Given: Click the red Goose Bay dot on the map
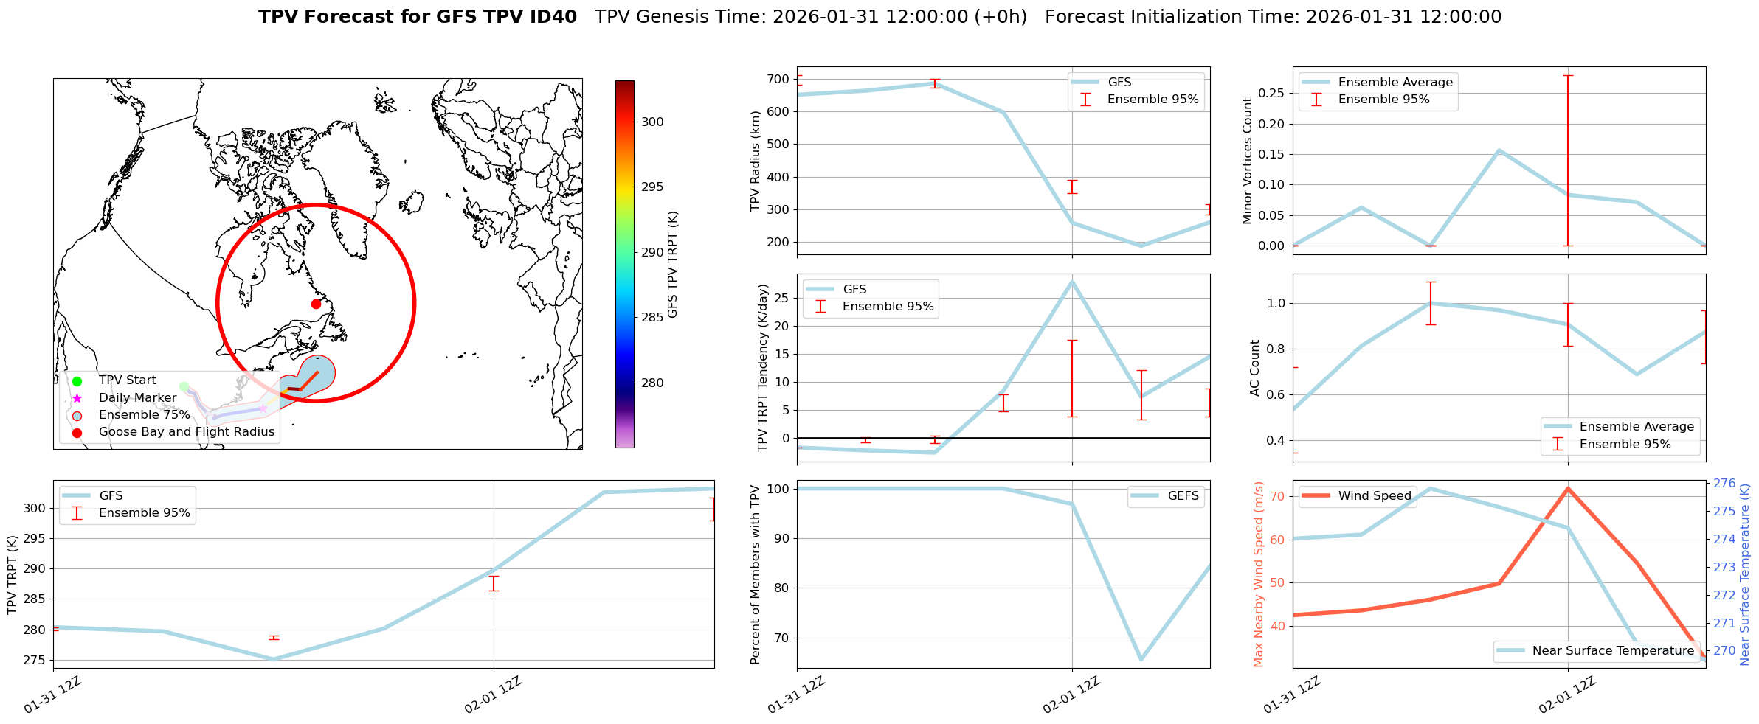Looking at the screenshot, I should [x=316, y=304].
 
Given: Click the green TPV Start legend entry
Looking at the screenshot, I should [x=127, y=380].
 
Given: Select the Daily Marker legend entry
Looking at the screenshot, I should [x=137, y=398].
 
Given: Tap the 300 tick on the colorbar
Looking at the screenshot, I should [x=652, y=122].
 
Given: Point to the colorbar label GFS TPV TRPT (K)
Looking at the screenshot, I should [x=673, y=265].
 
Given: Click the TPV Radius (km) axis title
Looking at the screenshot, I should [x=755, y=161].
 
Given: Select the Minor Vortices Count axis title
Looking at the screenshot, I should [x=1248, y=161].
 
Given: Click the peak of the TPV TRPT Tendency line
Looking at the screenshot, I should [x=1072, y=281].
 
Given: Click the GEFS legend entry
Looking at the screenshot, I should [x=1183, y=496].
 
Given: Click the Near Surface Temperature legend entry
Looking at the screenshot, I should [x=1613, y=651].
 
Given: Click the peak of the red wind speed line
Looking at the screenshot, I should [x=1568, y=488].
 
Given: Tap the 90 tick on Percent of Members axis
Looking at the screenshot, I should [x=781, y=539].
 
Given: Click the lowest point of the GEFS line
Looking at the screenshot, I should [x=1141, y=659].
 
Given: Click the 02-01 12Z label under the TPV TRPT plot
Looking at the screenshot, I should [x=493, y=695].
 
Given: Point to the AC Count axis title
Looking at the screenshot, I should [x=1255, y=368].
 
